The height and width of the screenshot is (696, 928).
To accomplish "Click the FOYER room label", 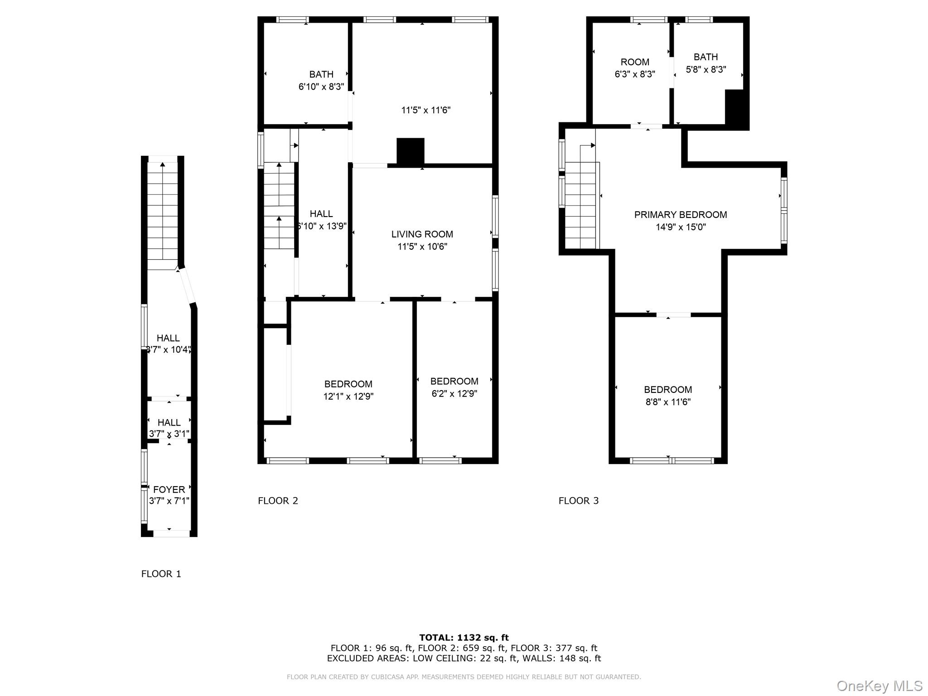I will [x=169, y=489].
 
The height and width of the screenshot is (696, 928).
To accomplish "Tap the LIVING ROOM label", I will [x=422, y=234].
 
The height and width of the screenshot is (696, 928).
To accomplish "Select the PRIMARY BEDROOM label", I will [x=680, y=215].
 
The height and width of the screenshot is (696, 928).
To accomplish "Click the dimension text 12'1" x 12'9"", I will [x=348, y=396].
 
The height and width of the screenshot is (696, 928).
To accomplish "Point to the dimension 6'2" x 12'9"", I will [x=454, y=394].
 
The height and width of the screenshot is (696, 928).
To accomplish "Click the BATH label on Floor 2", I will [x=321, y=74].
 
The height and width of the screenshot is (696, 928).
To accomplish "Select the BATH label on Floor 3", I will [x=706, y=57].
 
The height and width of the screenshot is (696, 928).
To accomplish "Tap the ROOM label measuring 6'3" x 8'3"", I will [x=634, y=62].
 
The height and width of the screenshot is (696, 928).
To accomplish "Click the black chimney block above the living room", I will [x=410, y=151].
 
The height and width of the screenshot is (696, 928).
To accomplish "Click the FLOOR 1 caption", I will [x=161, y=574].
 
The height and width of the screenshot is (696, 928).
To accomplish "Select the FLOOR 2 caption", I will [x=278, y=501].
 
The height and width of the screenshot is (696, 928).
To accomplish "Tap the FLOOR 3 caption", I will [x=578, y=501].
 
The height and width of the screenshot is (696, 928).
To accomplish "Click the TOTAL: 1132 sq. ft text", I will [x=464, y=638].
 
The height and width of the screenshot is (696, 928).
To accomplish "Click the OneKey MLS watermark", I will [x=879, y=686].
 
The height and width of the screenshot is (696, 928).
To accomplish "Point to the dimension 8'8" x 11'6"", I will [x=668, y=402].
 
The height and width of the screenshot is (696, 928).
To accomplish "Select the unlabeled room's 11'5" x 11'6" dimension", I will [x=425, y=110].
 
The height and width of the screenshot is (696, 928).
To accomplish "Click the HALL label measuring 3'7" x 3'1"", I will [x=169, y=422].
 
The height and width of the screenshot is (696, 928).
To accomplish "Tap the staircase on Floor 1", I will [x=163, y=213].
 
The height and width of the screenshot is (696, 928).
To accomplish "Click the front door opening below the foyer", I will [x=171, y=534].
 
